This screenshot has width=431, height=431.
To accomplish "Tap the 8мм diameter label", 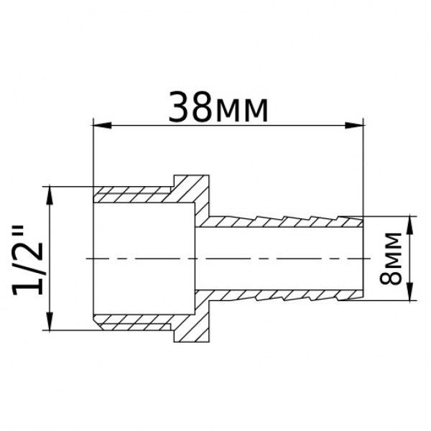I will click(x=392, y=258).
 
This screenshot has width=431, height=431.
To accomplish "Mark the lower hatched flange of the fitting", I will click(x=190, y=323).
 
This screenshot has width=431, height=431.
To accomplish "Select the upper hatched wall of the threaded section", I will click(x=133, y=194).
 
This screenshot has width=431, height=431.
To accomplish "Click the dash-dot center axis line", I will click(x=230, y=257).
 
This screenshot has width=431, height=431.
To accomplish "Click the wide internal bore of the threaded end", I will click(x=144, y=257).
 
